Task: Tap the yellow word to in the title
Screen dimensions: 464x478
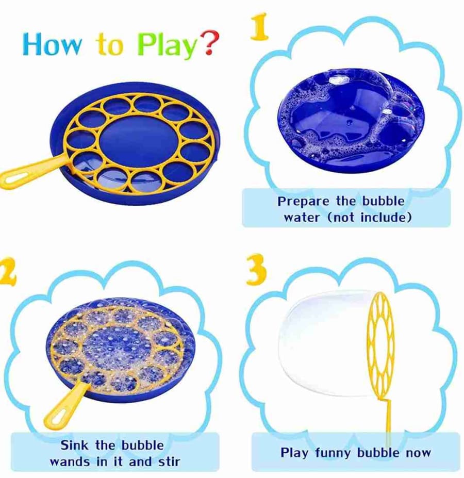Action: (110, 45)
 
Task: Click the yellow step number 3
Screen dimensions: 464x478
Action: (256, 270)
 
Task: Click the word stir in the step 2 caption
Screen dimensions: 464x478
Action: (169, 461)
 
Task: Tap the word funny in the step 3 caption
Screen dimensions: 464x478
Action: (333, 453)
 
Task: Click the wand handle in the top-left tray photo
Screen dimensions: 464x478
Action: (30, 173)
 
